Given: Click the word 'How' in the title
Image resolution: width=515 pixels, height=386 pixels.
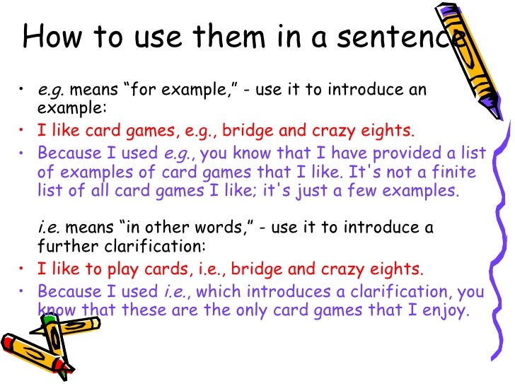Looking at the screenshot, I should [x=51, y=36].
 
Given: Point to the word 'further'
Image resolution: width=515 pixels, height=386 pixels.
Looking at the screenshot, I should [x=63, y=247].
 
